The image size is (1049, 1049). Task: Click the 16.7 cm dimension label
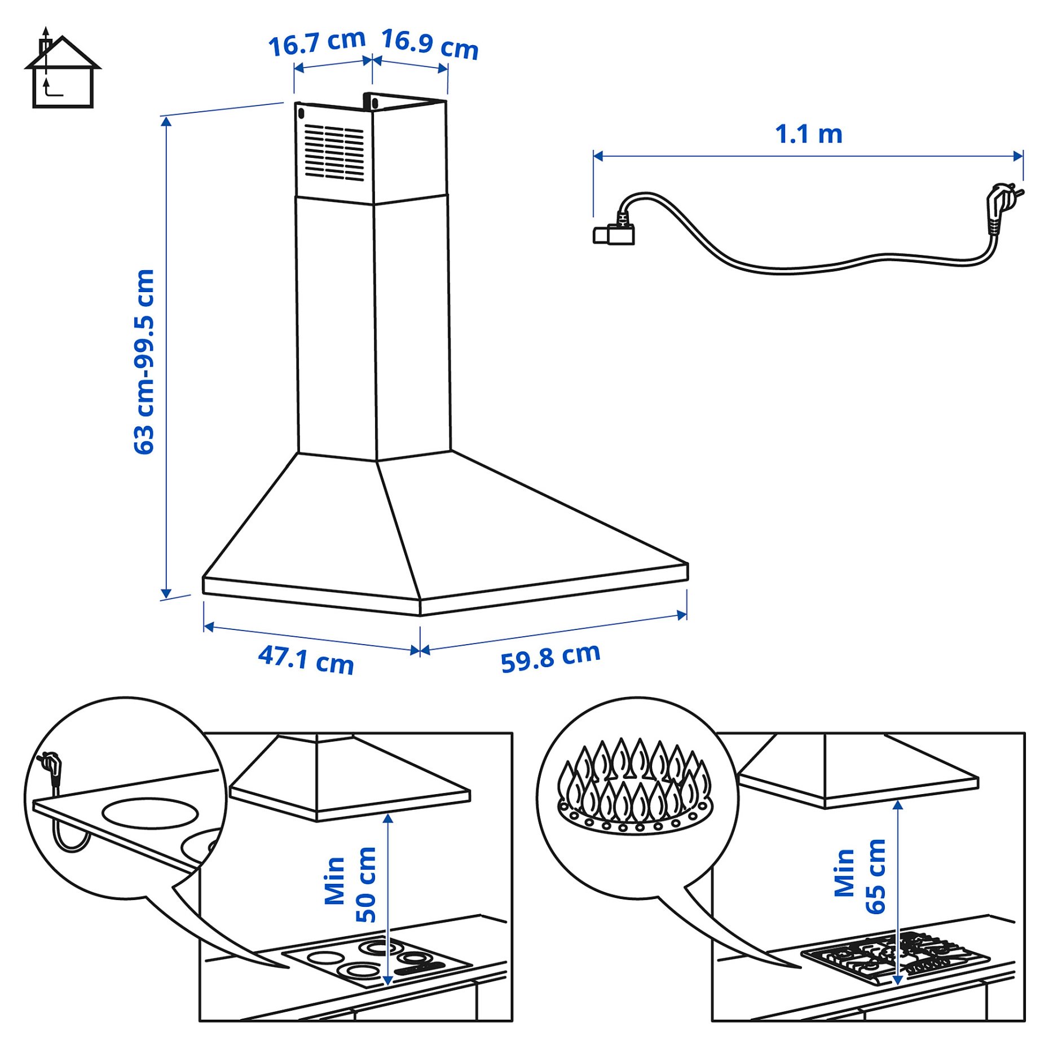(x=316, y=43)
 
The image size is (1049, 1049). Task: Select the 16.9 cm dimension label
(x=430, y=44)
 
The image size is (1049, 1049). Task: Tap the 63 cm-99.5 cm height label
(x=144, y=362)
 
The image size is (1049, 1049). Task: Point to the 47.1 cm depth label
(x=306, y=659)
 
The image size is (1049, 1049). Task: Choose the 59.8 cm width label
(x=550, y=657)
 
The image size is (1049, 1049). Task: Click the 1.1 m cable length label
(x=808, y=134)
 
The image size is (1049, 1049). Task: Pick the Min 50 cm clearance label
(x=350, y=885)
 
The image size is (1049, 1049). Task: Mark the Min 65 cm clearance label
(x=860, y=876)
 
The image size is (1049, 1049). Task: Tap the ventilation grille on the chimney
(x=334, y=152)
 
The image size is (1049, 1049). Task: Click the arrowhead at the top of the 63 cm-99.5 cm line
(x=166, y=122)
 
